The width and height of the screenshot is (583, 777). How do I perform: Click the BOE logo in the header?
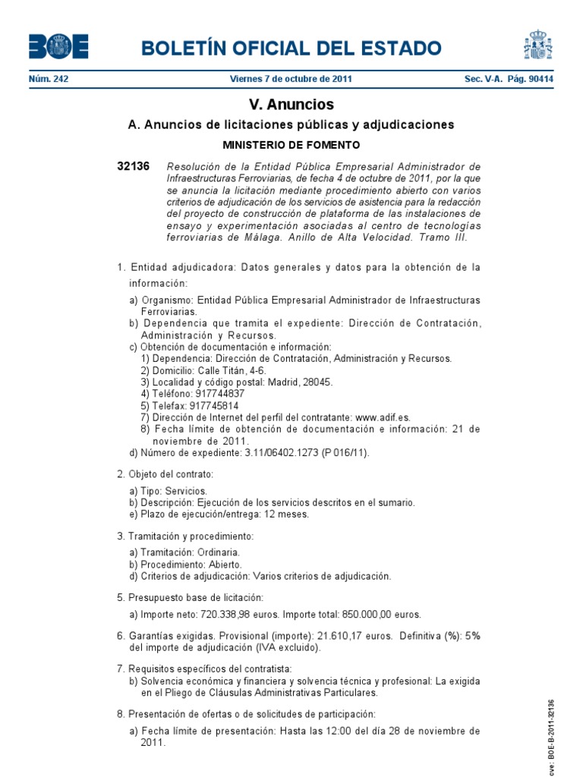coord(58,47)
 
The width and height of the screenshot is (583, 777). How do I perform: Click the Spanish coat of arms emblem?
coord(537,46)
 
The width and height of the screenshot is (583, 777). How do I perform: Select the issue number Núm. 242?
coord(49,79)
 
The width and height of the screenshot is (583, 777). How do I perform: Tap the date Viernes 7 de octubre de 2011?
coord(291,79)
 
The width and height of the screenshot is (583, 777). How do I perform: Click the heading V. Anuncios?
coord(291,105)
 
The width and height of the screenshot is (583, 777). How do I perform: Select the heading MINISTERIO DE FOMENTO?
coord(291,144)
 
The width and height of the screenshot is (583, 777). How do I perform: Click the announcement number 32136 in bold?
coord(134,166)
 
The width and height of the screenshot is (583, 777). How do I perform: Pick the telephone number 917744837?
coord(220,393)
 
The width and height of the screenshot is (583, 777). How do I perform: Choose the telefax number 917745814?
coord(212,405)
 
